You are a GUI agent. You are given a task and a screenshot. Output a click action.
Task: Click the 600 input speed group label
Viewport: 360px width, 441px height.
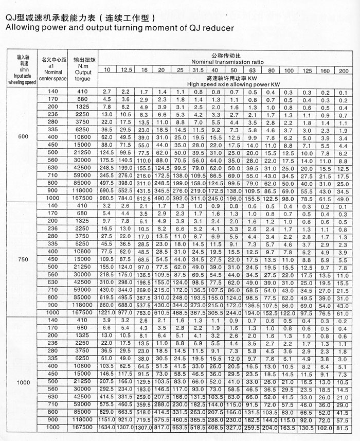click(x=22, y=137)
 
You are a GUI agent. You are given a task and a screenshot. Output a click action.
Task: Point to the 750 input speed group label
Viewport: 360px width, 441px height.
click(x=22, y=260)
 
